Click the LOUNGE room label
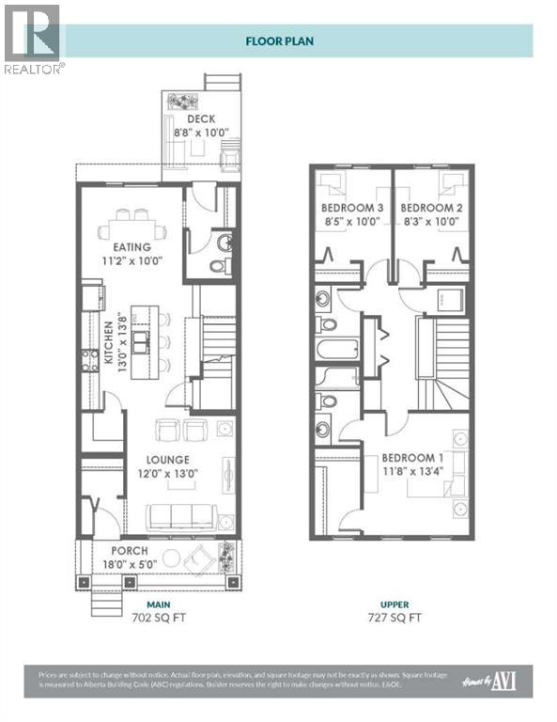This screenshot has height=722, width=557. point(169,460)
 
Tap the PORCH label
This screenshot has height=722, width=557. point(129,551)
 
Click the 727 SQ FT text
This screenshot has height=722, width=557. point(393,618)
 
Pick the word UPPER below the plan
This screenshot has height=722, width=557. point(393,604)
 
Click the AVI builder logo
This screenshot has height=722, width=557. point(503,680)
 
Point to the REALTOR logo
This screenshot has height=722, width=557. point(33,38)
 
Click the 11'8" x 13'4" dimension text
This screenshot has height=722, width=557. point(412,473)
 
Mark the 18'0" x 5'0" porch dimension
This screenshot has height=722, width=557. point(132,565)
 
